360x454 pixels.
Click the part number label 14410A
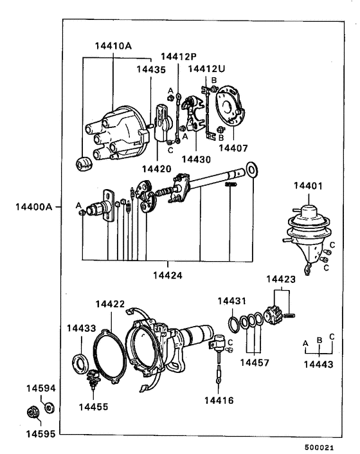(x=113, y=46)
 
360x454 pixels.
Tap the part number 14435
(x=150, y=69)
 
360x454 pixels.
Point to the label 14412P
(x=179, y=56)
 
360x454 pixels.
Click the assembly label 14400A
(x=33, y=208)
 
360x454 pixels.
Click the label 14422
(x=110, y=304)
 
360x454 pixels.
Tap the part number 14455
(x=94, y=407)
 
